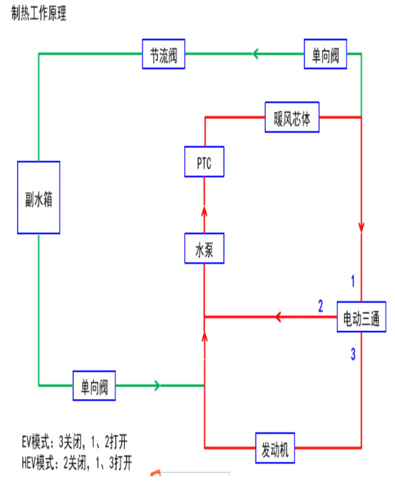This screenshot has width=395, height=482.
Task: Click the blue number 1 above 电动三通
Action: click(x=353, y=281)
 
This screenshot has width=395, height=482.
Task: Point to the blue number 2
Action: click(x=321, y=306)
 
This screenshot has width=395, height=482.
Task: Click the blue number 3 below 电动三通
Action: click(x=353, y=354)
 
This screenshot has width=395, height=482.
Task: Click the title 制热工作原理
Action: click(x=39, y=13)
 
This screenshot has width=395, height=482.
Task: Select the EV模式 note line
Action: click(x=74, y=442)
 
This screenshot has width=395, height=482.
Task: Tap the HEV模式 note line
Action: click(x=77, y=463)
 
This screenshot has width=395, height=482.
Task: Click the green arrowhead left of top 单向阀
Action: click(x=255, y=54)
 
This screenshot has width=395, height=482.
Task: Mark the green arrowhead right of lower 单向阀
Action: click(x=157, y=386)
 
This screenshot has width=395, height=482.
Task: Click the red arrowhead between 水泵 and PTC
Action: click(x=204, y=211)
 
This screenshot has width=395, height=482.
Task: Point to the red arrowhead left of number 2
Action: click(x=279, y=317)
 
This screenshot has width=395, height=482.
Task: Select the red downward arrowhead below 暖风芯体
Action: click(x=362, y=228)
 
